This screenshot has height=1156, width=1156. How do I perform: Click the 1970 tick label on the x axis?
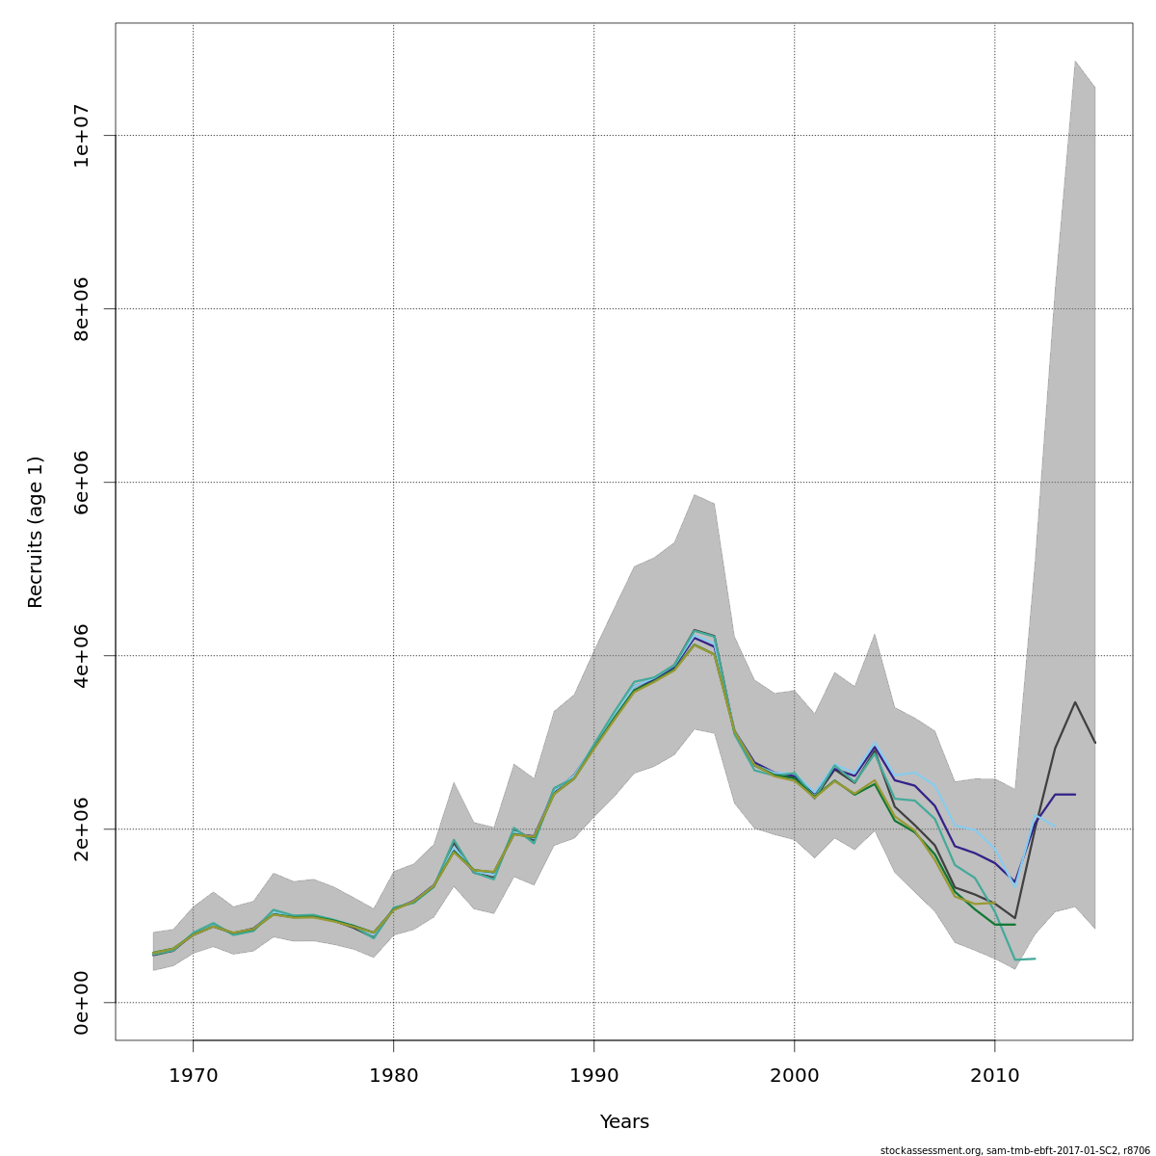point(193,1074)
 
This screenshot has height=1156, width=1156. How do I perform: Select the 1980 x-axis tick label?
point(393,1074)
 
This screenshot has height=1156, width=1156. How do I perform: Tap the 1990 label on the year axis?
point(593,1074)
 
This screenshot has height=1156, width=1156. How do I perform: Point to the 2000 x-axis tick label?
point(794,1074)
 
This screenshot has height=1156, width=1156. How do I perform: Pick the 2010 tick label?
point(994,1074)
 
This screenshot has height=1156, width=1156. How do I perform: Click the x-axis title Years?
point(624,1122)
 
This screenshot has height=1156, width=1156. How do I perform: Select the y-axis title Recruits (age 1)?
point(36,532)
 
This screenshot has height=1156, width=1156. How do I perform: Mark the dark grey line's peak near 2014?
point(1074,702)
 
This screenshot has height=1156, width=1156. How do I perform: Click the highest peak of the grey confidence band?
point(1074,61)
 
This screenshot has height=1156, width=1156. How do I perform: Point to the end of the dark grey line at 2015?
point(1094,742)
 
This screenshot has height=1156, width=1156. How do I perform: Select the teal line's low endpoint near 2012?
point(1034,959)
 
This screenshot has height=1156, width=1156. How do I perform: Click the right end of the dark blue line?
point(1074,794)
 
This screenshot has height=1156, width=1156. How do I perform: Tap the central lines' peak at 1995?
point(694,636)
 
